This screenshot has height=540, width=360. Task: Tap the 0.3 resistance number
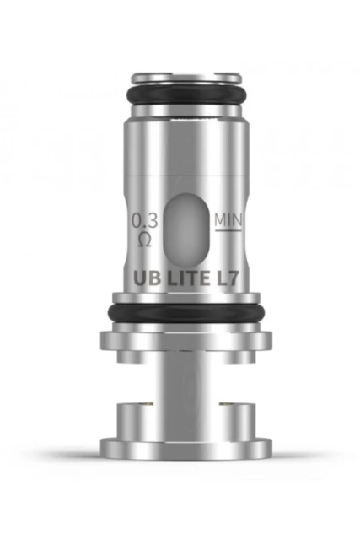pos(144,220)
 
